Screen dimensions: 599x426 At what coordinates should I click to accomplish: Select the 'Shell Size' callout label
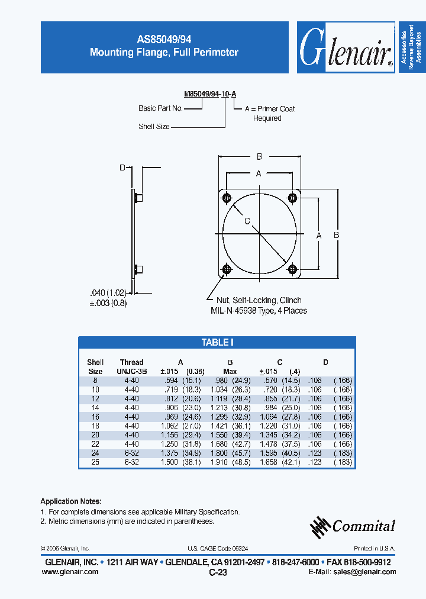click(154, 127)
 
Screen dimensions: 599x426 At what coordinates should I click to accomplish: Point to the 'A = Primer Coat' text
click(269, 109)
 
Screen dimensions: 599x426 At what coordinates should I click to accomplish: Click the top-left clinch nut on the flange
click(226, 198)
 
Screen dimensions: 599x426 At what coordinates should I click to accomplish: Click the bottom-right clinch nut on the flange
click(292, 270)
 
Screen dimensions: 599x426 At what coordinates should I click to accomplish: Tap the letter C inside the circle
click(247, 221)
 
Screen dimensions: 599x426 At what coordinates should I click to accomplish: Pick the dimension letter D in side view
click(122, 168)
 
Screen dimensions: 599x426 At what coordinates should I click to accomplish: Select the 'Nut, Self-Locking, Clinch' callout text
click(259, 301)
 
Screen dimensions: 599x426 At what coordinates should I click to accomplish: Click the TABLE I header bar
click(217, 343)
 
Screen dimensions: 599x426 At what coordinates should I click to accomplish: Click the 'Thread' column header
click(131, 362)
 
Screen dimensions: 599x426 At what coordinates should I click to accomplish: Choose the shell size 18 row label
click(95, 426)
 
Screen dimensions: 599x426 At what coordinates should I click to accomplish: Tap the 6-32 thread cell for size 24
click(131, 453)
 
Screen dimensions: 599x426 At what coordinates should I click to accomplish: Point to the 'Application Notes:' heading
click(71, 501)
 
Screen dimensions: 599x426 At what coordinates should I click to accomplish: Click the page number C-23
click(218, 572)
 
